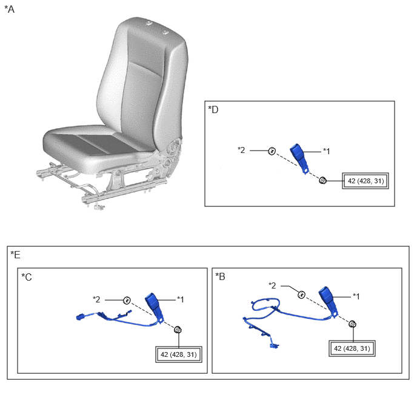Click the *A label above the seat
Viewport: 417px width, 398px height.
coord(9,9)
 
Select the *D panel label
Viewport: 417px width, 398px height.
coord(213,109)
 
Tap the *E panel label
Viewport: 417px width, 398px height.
coord(15,255)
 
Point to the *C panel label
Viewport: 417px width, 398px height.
coord(27,277)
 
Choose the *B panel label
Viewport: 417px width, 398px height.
coord(220,276)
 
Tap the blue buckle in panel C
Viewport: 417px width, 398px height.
coord(154,307)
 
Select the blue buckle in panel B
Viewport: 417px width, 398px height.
coord(328,300)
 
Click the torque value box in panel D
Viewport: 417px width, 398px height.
coord(365,181)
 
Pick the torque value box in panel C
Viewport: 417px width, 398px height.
coord(179,354)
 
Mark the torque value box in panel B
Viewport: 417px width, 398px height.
coord(352,348)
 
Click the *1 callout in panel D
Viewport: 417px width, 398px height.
coord(327,151)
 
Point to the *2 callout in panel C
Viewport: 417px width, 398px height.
coord(96,299)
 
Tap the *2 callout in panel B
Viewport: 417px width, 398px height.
coord(272,285)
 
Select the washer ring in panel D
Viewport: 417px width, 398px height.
coord(272,151)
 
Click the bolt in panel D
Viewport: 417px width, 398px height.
coord(323,180)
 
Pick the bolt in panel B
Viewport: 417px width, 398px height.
coord(352,324)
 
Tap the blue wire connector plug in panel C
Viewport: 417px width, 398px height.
coord(81,317)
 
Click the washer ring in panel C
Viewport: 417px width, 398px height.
coord(127,301)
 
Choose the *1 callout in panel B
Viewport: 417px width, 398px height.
coord(356,296)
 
